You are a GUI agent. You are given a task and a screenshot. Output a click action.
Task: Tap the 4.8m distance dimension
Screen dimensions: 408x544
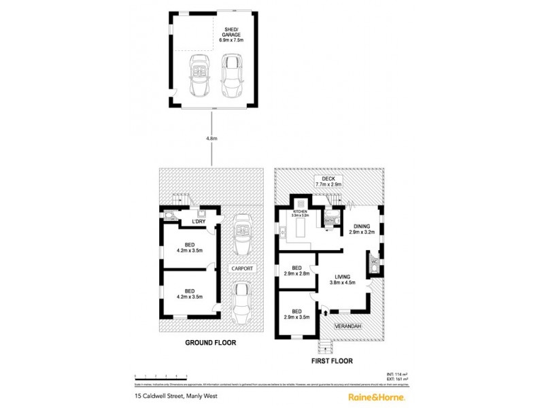pos(212,138)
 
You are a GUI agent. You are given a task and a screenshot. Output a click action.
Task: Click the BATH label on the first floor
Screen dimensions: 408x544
pos(329,220)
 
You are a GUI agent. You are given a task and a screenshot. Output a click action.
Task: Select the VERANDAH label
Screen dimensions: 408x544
pos(347,326)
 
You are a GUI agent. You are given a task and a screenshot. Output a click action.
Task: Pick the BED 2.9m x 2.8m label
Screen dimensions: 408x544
pos(296,270)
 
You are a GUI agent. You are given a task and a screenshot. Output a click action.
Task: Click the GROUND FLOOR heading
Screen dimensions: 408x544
pos(211,343)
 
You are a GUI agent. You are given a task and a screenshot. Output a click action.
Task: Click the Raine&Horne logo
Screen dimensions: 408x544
pos(377,396)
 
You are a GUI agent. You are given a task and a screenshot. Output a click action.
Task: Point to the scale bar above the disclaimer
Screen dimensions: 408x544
pos(160,375)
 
